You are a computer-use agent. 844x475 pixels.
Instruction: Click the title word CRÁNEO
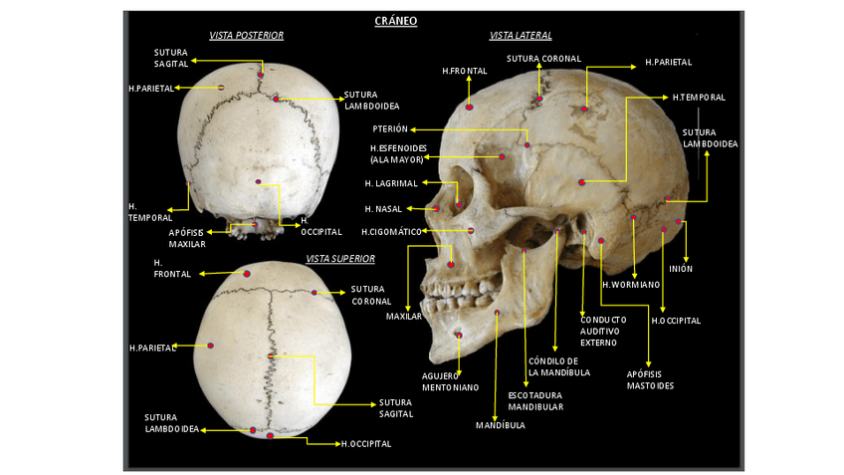[395, 20]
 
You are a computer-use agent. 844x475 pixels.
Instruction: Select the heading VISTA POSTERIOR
[246, 36]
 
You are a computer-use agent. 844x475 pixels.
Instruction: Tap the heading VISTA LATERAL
[520, 36]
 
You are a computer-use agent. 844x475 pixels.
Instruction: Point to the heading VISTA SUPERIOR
[340, 259]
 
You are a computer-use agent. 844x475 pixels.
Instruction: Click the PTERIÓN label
[389, 129]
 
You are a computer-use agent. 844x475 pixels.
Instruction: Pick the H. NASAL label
[382, 209]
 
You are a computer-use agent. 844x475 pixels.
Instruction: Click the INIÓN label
[681, 269]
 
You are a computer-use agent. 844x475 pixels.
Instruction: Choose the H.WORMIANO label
[630, 285]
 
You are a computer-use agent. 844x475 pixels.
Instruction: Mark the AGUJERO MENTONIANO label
[450, 381]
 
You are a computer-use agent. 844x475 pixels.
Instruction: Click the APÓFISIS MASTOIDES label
[650, 379]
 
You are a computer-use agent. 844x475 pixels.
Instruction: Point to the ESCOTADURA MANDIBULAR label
[535, 400]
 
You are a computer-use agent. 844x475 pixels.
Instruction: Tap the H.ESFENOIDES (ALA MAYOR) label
[395, 153]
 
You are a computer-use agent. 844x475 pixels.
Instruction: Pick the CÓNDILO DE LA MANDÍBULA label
[558, 366]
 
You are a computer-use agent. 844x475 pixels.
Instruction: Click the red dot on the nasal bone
[436, 208]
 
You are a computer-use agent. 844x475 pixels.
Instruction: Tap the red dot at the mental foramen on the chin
[458, 334]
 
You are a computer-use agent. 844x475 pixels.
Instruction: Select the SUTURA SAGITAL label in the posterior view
[169, 58]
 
